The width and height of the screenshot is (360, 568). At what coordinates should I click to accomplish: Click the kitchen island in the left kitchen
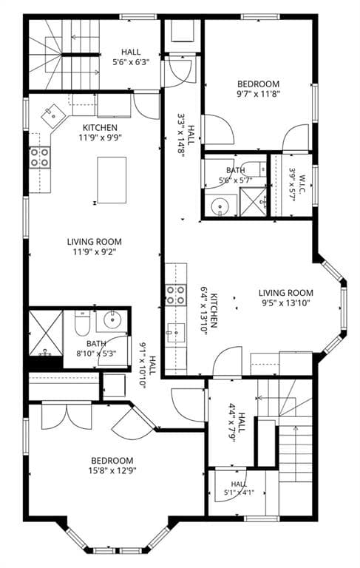(x=112, y=180)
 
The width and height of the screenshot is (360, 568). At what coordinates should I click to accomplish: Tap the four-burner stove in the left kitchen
(x=39, y=158)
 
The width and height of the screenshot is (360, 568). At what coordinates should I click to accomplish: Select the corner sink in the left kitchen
(x=53, y=116)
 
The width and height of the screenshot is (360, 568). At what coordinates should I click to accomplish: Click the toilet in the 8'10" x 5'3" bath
(x=82, y=323)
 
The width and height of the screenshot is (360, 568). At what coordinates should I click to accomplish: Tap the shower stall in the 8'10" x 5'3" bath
(x=46, y=333)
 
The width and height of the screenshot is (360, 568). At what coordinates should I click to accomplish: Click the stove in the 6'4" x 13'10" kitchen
(x=176, y=294)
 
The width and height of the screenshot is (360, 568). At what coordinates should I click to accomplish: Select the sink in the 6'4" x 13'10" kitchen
(x=176, y=333)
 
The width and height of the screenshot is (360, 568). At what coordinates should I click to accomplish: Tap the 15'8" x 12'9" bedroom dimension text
(x=112, y=470)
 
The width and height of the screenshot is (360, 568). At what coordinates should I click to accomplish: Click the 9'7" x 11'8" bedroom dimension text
(x=259, y=94)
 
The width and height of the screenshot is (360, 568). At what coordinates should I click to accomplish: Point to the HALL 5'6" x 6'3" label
(x=131, y=57)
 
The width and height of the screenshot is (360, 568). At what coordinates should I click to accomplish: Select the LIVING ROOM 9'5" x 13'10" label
(x=286, y=298)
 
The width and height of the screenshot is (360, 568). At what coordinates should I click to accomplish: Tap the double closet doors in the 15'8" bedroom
(x=67, y=416)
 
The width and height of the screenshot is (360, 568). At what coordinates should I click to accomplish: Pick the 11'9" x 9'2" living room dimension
(x=95, y=251)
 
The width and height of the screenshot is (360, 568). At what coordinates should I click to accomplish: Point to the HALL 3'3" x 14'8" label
(x=186, y=135)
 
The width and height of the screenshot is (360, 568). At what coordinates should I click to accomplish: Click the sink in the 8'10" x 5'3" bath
(x=112, y=320)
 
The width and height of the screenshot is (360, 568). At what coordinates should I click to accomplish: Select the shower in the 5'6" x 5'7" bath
(x=253, y=202)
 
